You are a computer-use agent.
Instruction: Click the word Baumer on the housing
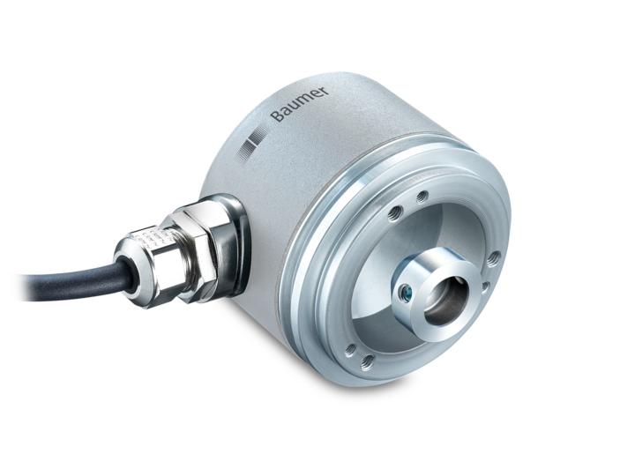[300, 104]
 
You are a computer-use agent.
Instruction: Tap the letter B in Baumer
[278, 116]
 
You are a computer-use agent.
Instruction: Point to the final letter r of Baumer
[325, 90]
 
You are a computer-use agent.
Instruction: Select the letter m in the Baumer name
[305, 101]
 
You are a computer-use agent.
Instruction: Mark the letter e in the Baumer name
[317, 94]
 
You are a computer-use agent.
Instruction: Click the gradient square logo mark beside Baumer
[250, 145]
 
